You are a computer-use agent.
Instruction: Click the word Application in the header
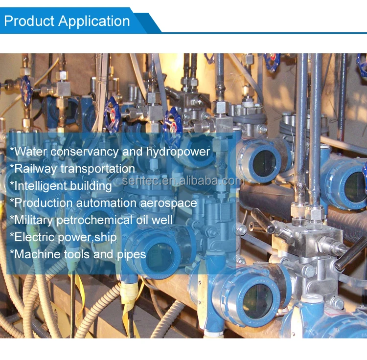point(94,22)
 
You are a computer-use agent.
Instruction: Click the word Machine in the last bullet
point(36,254)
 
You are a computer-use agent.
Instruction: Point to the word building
point(92,186)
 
